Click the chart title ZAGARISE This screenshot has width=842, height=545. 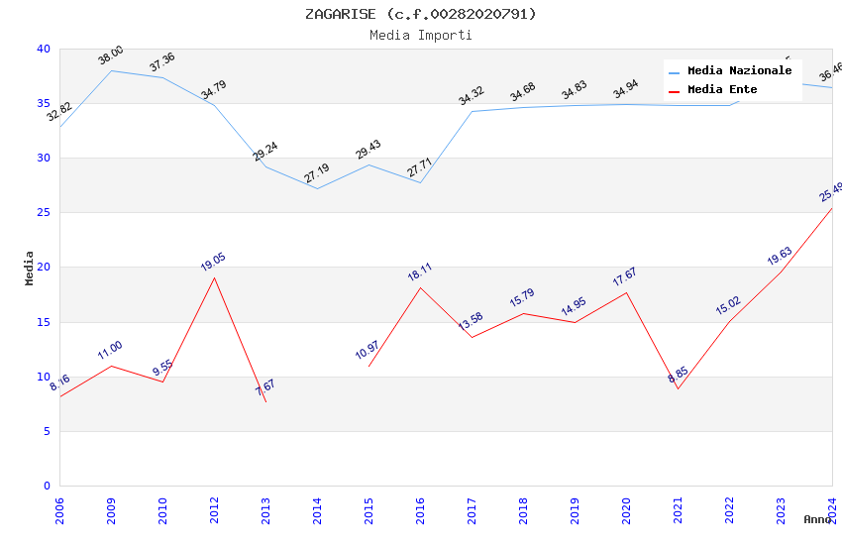coord(420,14)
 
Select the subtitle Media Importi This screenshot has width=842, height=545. coord(420,35)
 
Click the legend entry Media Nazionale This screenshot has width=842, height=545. coord(739,71)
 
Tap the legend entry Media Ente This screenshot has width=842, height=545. coord(722,90)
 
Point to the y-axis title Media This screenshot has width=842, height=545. coord(30,268)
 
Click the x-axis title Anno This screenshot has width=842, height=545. coord(817,519)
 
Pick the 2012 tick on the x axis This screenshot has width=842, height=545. coord(214,508)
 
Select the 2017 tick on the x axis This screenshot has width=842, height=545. coord(472,508)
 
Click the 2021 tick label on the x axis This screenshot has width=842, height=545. coord(678,508)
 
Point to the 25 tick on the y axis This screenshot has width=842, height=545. coord(43,213)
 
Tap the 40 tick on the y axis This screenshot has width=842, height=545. coord(43,50)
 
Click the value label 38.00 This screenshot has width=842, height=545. coord(111,55)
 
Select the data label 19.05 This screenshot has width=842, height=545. coord(213,262)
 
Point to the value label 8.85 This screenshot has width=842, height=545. coord(678,375)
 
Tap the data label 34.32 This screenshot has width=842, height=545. coord(472,96)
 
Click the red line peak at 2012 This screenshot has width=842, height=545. coord(214,277)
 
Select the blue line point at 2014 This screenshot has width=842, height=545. coord(317,188)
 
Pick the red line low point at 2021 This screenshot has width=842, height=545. coord(678,388)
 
